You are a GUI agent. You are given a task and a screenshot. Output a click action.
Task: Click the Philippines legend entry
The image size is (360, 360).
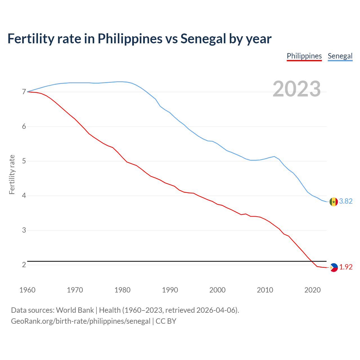click(x=304, y=56)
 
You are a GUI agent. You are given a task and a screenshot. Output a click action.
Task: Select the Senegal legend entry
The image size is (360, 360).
click(x=340, y=56)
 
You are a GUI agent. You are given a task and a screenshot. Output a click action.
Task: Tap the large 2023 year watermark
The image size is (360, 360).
click(x=297, y=89)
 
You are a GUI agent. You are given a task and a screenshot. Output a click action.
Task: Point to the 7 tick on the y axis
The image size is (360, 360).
click(x=24, y=92)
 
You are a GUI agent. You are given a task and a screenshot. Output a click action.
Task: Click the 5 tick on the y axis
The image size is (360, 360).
click(x=24, y=161)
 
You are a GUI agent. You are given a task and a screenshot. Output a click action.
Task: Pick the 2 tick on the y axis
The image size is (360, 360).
click(x=24, y=265)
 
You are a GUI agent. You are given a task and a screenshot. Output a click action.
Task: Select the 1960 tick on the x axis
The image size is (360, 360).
click(x=27, y=290)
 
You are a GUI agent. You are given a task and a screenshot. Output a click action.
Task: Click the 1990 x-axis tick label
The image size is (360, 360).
click(x=170, y=290)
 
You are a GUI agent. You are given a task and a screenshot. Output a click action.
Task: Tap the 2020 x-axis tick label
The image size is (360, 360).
click(x=312, y=290)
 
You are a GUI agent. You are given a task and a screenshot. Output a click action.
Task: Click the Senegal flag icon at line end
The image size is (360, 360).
click(x=334, y=202)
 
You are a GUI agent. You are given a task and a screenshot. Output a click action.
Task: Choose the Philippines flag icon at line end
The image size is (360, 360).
click(x=334, y=267)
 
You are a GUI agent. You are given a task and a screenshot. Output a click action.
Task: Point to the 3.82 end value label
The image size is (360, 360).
click(x=346, y=201)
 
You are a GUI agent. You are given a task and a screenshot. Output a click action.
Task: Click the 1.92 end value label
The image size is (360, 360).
click(x=346, y=267)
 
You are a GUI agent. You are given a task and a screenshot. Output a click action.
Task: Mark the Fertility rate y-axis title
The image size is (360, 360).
click(x=12, y=174)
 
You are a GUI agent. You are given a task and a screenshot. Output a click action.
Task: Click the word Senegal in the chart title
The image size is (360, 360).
click(x=203, y=39)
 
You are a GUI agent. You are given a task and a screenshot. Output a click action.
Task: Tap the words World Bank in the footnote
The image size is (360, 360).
click(x=75, y=310)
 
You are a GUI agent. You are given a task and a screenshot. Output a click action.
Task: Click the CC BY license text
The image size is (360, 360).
click(x=166, y=321)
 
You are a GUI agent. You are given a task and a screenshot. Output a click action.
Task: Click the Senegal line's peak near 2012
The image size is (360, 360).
click(x=274, y=156)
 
